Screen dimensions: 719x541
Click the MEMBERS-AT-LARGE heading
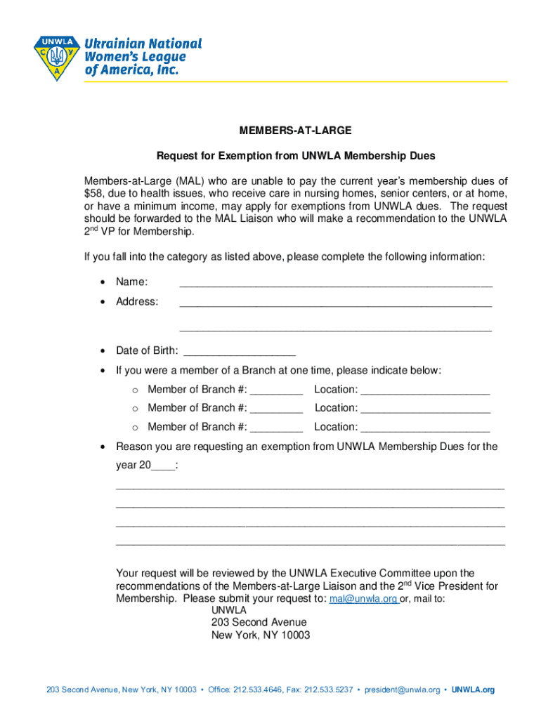295,131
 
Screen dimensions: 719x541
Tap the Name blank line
336,284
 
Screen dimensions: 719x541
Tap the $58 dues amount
93,193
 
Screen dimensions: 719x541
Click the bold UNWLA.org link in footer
473,690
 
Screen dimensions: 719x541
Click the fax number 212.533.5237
330,690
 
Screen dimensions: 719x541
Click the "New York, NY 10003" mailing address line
261,635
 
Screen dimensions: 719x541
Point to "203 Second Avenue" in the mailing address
259,622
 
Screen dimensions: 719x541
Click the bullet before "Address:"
103,302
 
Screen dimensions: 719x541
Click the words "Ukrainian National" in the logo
143,44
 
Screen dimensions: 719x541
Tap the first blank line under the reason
310,486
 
